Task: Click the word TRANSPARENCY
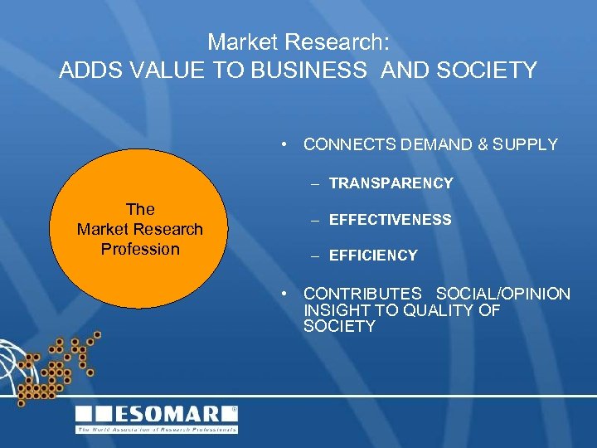391,183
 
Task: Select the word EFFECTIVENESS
390,220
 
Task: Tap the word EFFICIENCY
372,256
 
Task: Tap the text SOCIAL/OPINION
503,294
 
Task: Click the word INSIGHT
332,310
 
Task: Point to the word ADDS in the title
86,71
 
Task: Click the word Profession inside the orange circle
140,249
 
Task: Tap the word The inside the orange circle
140,209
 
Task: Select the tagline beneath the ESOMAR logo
157,430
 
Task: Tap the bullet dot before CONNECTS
284,144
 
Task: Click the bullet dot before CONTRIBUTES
284,294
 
